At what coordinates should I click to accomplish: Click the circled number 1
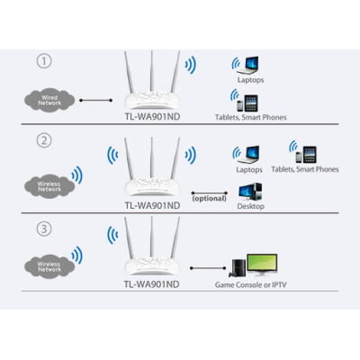44,61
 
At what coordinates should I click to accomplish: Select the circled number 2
44,140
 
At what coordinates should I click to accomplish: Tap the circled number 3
44,229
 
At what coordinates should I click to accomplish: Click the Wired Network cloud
49,101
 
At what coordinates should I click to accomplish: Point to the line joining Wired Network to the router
96,100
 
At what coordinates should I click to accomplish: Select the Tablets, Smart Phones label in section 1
251,117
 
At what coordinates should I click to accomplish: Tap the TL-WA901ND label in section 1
152,117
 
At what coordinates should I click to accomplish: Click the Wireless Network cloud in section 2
49,186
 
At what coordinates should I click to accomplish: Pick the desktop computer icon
250,192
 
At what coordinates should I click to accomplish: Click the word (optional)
210,198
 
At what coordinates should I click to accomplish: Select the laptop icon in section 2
248,155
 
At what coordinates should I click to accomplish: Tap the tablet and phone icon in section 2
306,155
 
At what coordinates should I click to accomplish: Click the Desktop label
251,206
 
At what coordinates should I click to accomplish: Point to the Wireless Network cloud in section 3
49,266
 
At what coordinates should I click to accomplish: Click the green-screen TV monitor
262,265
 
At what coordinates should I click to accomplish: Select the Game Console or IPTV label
251,284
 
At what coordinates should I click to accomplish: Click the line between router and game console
208,268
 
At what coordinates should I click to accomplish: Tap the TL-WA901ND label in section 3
152,284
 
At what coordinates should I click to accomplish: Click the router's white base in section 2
152,186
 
